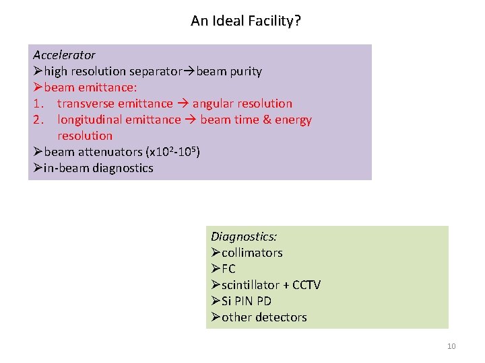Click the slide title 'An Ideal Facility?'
[x=246, y=21]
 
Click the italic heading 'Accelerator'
[x=64, y=55]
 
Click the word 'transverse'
[x=86, y=104]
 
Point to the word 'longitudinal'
[x=91, y=120]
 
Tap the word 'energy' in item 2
[x=294, y=120]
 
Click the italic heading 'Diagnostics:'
[x=244, y=237]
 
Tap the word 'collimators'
[x=252, y=253]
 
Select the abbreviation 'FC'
[x=228, y=269]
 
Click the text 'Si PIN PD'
[x=247, y=301]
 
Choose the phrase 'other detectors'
[x=264, y=317]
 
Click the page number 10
[x=451, y=347]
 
